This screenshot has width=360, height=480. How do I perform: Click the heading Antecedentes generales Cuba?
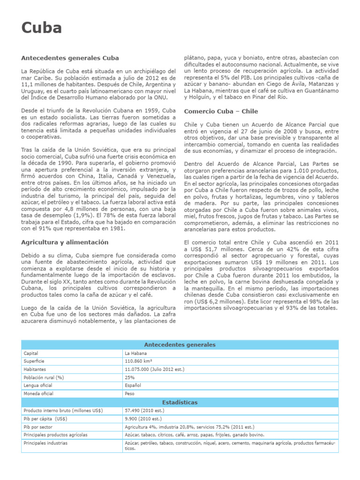click(x=70, y=58)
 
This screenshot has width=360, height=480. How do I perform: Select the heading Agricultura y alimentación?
click(x=65, y=242)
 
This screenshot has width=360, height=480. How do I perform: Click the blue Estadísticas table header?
click(x=180, y=402)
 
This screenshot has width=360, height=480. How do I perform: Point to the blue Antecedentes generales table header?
click(x=180, y=345)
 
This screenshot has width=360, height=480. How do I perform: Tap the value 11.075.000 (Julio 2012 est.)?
click(x=155, y=369)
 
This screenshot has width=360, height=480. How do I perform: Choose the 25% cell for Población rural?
click(x=130, y=377)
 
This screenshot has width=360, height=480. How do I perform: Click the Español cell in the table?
click(x=133, y=385)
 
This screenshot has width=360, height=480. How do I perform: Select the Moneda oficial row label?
click(x=38, y=394)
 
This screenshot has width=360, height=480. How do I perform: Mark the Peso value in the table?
click(x=129, y=394)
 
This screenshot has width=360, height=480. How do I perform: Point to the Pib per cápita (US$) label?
click(x=45, y=419)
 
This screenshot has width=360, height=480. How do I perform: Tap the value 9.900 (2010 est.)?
click(x=142, y=419)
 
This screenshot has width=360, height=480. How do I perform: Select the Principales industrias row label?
click(x=45, y=443)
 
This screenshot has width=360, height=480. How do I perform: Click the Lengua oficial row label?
click(x=37, y=385)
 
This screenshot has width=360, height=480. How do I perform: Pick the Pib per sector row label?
click(x=38, y=427)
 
